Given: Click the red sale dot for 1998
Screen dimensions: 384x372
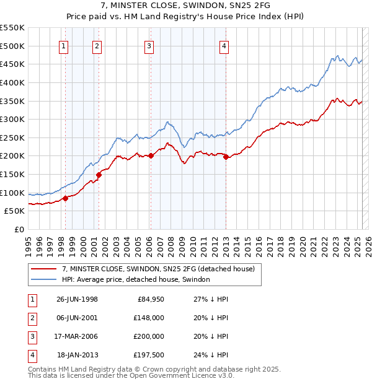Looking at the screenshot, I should [x=65, y=198].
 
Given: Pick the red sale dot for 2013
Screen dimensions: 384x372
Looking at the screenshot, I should [x=226, y=157].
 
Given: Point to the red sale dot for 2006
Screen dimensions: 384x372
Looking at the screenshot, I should [x=151, y=155].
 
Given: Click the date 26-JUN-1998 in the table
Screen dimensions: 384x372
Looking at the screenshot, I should [x=77, y=299].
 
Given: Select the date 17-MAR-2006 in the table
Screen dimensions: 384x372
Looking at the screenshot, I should [x=77, y=336].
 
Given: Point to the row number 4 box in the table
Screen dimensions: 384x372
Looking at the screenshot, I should [x=32, y=355].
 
